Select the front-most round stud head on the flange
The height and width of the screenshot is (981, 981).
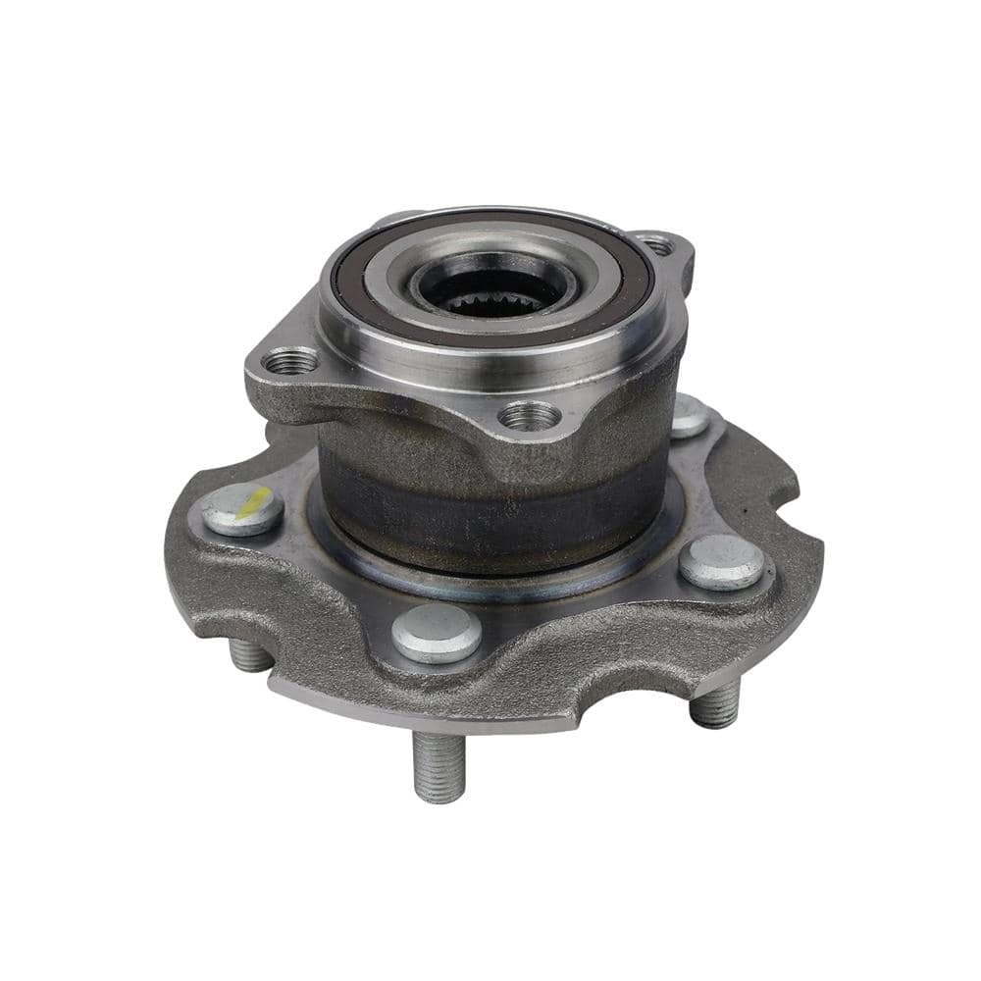click(437, 631)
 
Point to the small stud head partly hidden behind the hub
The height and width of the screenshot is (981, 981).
click(690, 416)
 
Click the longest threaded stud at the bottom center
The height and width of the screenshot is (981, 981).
click(438, 765)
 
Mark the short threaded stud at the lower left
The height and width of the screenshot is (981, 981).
click(250, 653)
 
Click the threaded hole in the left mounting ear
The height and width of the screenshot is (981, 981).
click(291, 362)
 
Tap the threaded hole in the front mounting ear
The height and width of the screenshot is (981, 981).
click(530, 416)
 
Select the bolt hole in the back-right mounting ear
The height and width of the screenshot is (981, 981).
click(657, 246)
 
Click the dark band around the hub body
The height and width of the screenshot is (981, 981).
click(490, 500)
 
